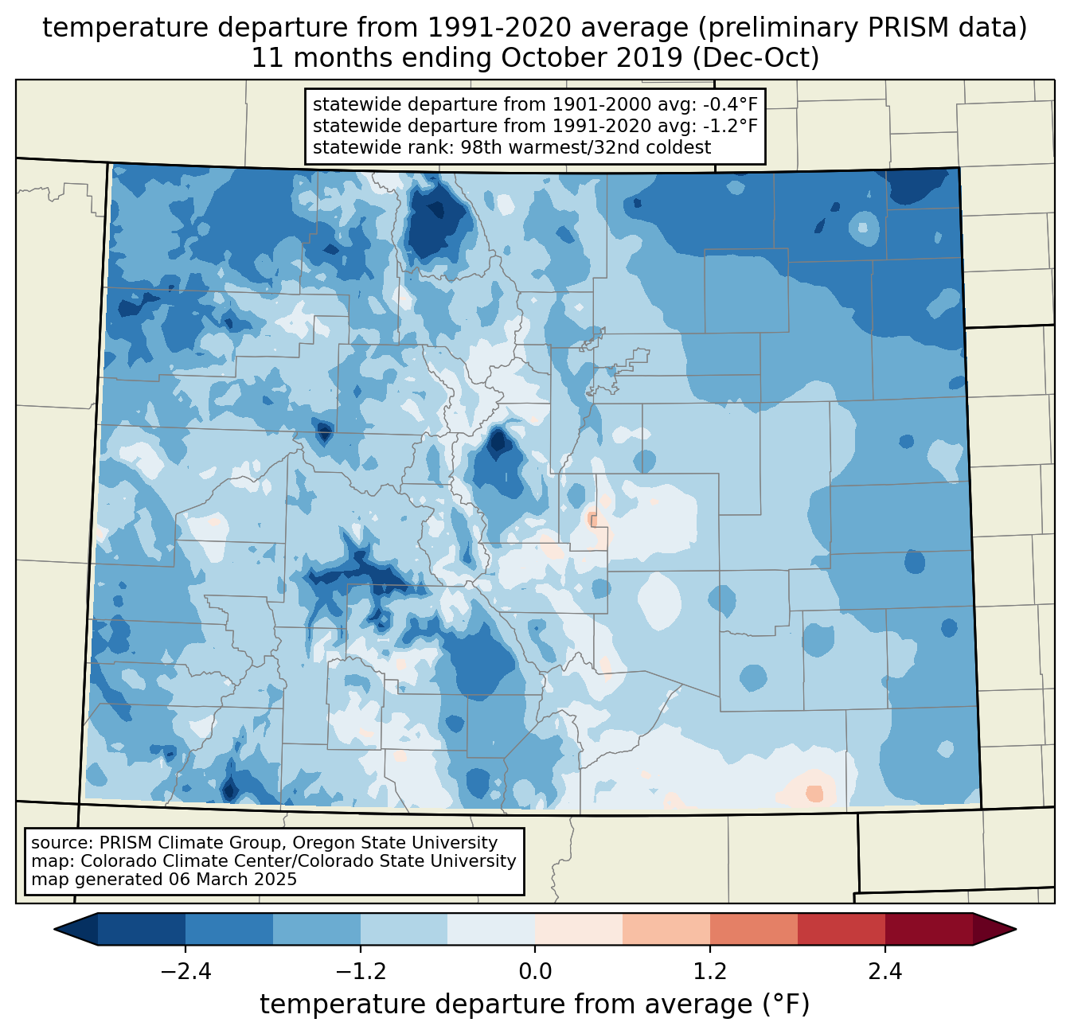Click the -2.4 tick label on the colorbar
coord(185,973)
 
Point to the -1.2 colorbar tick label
coord(361,973)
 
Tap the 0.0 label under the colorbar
coord(535,973)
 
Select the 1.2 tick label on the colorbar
coord(710,973)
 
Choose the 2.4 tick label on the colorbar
coord(885,973)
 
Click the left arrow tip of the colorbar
coord(54,930)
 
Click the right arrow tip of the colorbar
coord(1016,930)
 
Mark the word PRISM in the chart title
coord(900,28)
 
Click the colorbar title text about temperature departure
coord(535,1005)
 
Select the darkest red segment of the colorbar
coord(929,930)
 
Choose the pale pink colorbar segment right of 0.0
coord(579,930)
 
